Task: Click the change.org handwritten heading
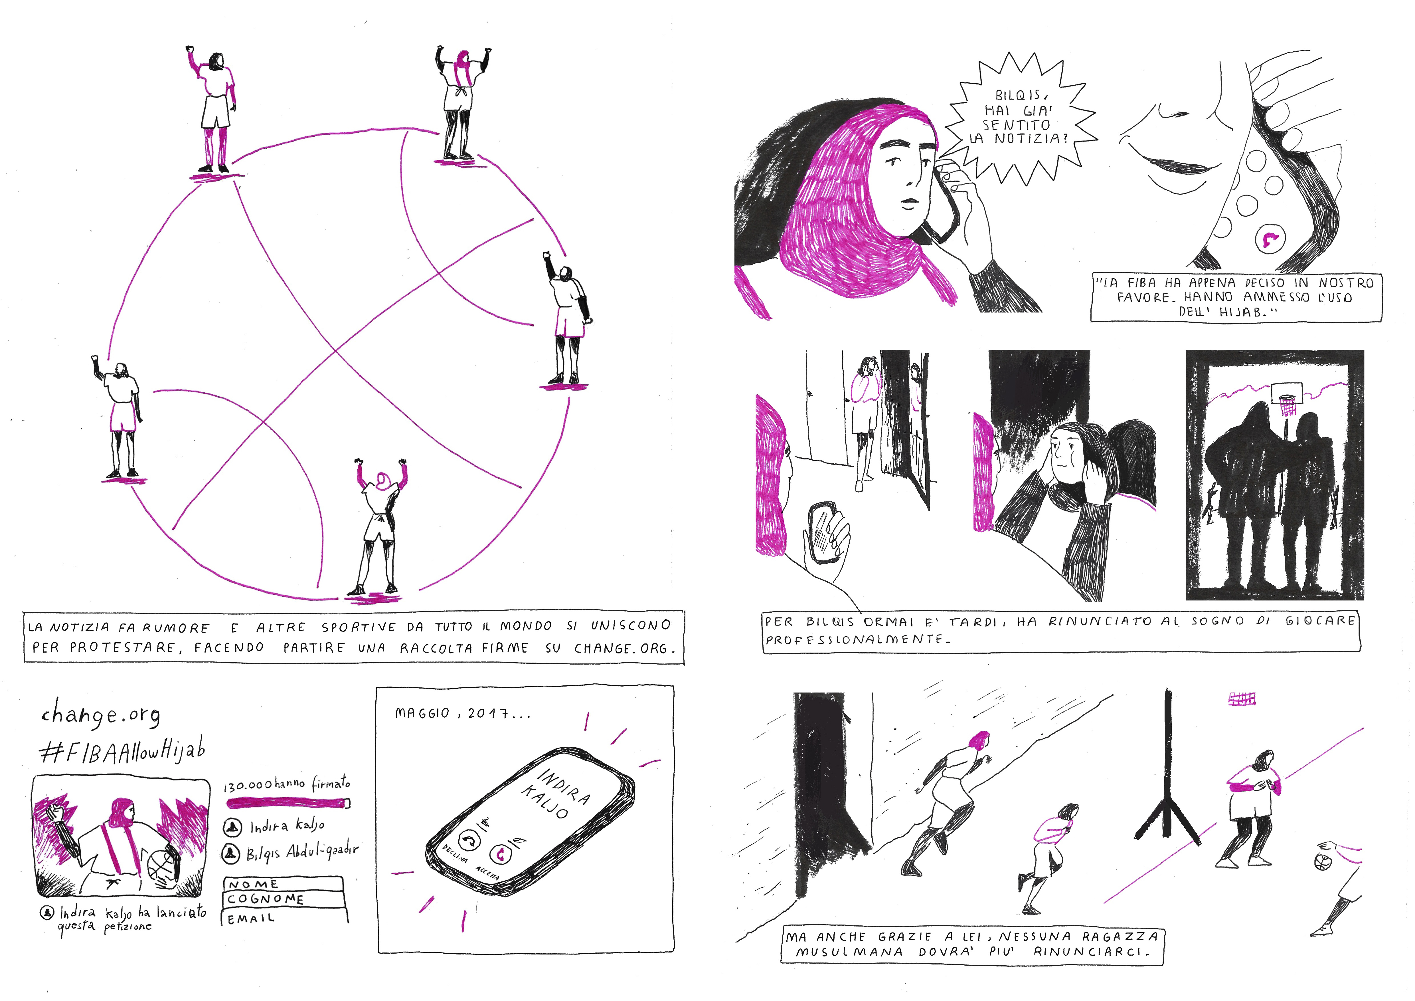coord(100,714)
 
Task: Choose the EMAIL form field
coord(285,917)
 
